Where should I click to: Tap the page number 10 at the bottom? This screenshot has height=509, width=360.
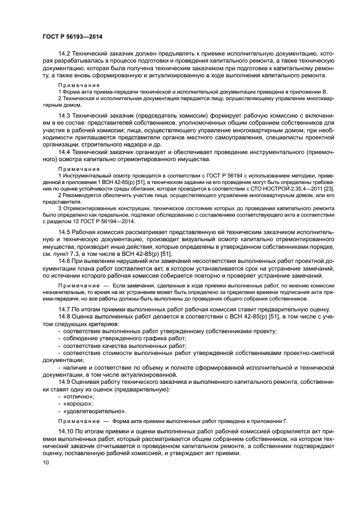[x=46, y=462]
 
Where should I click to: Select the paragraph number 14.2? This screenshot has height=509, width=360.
[x=65, y=52]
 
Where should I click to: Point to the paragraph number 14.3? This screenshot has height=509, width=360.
[x=65, y=116]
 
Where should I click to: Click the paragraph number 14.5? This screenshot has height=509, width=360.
[x=65, y=232]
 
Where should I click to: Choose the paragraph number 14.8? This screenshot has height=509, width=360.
[x=65, y=316]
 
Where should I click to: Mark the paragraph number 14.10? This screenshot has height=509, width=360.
[x=66, y=431]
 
